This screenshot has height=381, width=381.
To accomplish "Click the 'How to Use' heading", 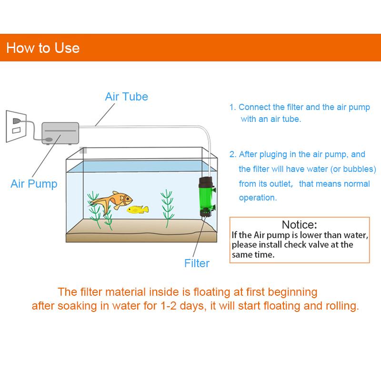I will [43, 48].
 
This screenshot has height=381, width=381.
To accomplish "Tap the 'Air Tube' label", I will [126, 97].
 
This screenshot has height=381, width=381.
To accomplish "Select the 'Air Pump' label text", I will [34, 184].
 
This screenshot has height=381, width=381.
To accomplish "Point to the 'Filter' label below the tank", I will [197, 262].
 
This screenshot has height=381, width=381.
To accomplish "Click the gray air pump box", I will [60, 133].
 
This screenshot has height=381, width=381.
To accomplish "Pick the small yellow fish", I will [137, 209].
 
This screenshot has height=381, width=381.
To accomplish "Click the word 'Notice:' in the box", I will [299, 225].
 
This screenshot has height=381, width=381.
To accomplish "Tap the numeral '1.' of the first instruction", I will [232, 108].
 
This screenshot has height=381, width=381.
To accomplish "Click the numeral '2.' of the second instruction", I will [233, 154].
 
